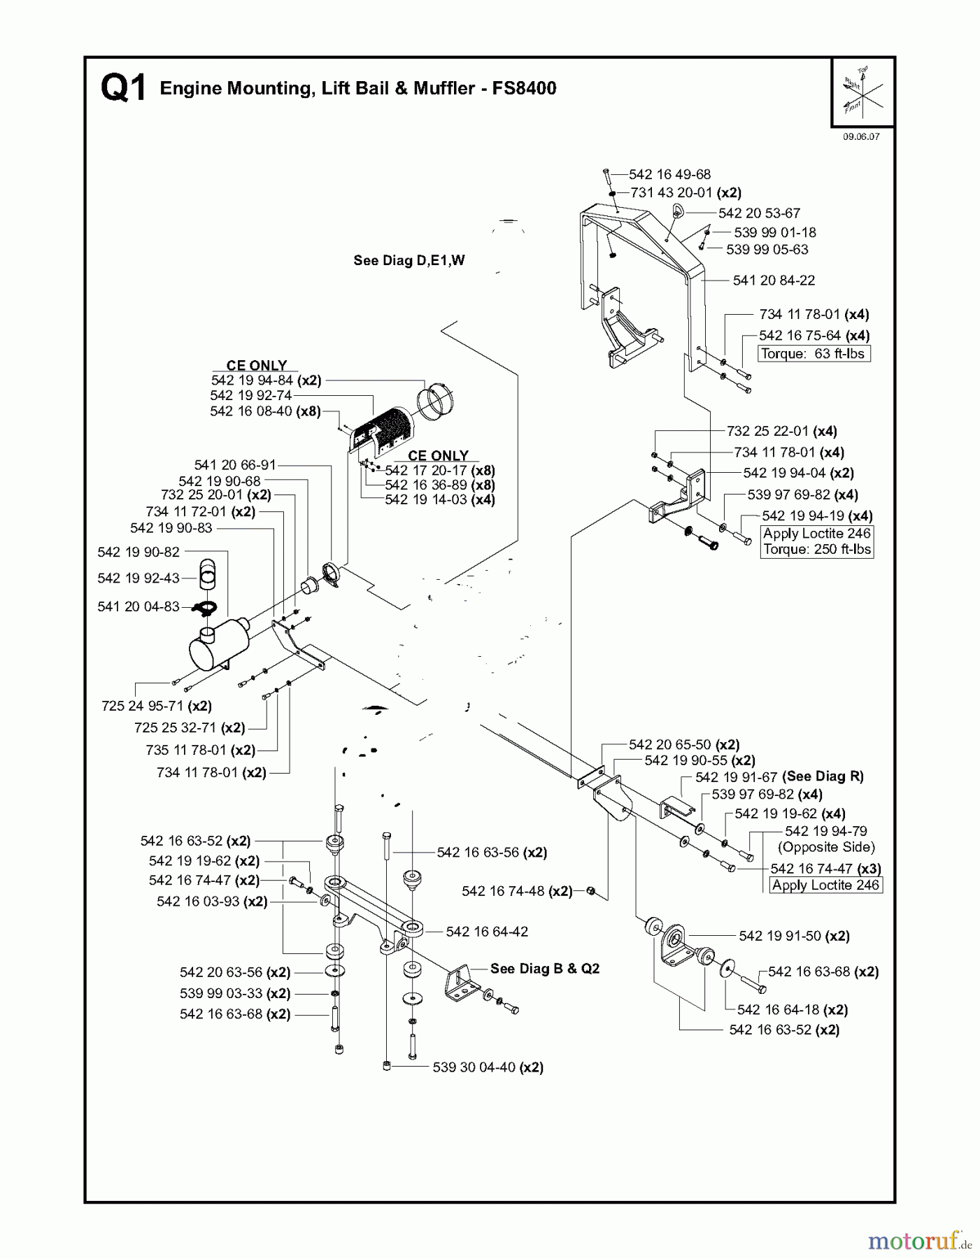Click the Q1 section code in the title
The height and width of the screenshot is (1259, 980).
pyautogui.click(x=124, y=90)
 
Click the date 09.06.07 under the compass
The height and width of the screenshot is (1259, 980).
pyautogui.click(x=860, y=137)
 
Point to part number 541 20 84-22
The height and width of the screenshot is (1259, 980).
pyautogui.click(x=774, y=280)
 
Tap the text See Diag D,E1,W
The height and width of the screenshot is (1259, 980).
pyautogui.click(x=409, y=261)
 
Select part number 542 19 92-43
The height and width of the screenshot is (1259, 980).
pyautogui.click(x=139, y=578)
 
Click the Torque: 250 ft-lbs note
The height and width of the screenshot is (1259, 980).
pyautogui.click(x=817, y=549)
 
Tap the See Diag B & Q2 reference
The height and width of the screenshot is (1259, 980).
pyautogui.click(x=545, y=969)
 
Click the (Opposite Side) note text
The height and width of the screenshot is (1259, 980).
pyautogui.click(x=826, y=847)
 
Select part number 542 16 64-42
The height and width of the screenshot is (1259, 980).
pyautogui.click(x=487, y=932)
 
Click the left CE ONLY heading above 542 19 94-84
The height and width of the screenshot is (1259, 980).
pyautogui.click(x=257, y=365)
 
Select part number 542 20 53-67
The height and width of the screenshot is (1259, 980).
pyautogui.click(x=758, y=213)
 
